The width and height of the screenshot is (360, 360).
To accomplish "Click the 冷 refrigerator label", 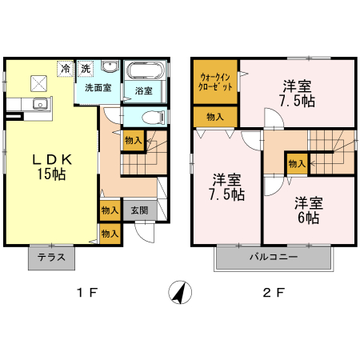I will coord(64,69).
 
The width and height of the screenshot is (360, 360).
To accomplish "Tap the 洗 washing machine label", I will coord(86,69).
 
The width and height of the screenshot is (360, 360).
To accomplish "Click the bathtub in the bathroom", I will coord(145,70).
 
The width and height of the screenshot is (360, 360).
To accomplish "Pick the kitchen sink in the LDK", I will coord(38,104).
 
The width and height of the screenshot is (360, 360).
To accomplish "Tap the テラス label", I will coord(52,258).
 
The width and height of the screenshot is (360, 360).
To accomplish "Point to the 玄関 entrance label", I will coord(139,210).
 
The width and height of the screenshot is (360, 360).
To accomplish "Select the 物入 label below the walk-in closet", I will coord(215,117).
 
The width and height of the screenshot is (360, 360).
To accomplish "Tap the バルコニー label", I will coord(273,258).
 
